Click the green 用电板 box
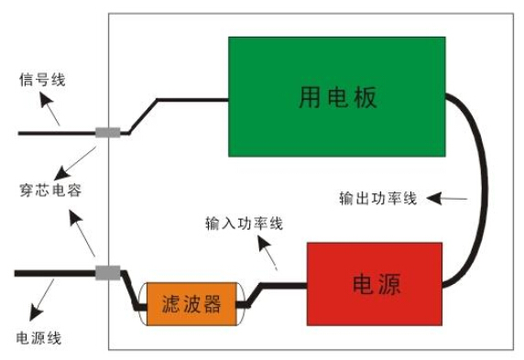pyautogui.click(x=337, y=96)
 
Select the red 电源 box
pyautogui.click(x=375, y=284)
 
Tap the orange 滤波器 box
pyautogui.click(x=191, y=304)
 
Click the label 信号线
pyautogui.click(x=42, y=80)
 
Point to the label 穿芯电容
pyautogui.click(x=50, y=191)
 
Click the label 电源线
pyautogui.click(x=38, y=338)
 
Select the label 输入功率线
pyautogui.click(x=245, y=224)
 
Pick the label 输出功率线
pyautogui.click(x=378, y=199)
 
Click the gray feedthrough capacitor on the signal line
pyautogui.click(x=107, y=133)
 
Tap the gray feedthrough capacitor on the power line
pyautogui.click(x=107, y=273)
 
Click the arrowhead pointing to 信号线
pyautogui.click(x=46, y=99)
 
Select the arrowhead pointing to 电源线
pyautogui.click(x=35, y=313)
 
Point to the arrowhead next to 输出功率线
pyautogui.click(x=434, y=199)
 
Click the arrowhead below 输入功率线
pyautogui.click(x=264, y=244)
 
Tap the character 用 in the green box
pyautogui.click(x=309, y=97)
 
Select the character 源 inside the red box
pyautogui.click(x=389, y=285)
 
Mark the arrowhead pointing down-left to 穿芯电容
pyautogui.click(x=61, y=174)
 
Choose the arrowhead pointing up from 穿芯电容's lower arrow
pyautogui.click(x=75, y=217)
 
